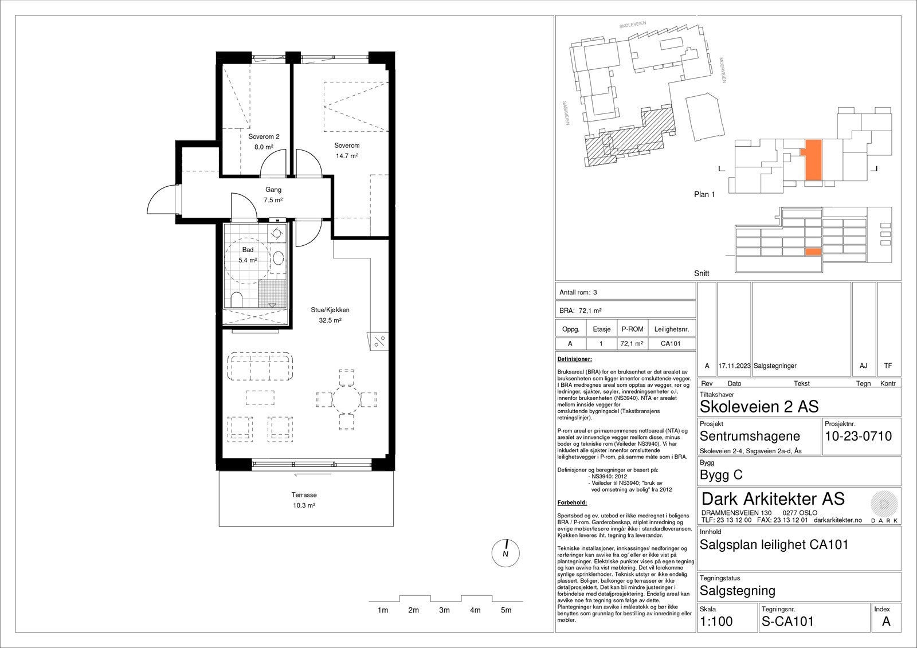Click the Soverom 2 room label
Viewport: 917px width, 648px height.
[x=264, y=137]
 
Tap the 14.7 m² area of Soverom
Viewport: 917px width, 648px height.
[x=347, y=156]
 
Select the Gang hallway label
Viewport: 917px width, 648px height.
[x=273, y=190]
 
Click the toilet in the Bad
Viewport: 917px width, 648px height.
[x=236, y=300]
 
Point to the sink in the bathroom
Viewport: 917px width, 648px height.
[x=279, y=258]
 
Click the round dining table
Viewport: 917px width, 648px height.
[x=346, y=399]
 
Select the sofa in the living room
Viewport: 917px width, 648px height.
[x=260, y=366]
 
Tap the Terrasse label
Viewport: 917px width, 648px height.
[x=304, y=495]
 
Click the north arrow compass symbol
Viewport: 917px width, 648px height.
[x=505, y=553]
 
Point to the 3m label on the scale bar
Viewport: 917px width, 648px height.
[x=444, y=610]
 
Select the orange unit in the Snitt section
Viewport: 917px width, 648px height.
[x=813, y=252]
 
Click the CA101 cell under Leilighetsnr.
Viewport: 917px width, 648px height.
[x=671, y=344]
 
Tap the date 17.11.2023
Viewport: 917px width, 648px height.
[x=734, y=366]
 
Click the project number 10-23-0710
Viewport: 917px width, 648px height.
[x=858, y=437]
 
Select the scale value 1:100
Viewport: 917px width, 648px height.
[x=716, y=622]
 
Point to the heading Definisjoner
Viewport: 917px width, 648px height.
[x=574, y=359]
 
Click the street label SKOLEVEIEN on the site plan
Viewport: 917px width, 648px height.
[x=633, y=25]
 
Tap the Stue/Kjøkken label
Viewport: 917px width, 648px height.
[x=330, y=311]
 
